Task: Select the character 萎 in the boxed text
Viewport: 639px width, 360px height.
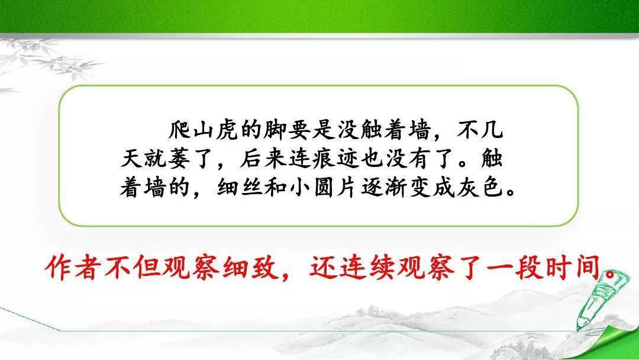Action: tap(179, 159)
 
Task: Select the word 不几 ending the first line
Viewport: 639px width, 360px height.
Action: tap(480, 130)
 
